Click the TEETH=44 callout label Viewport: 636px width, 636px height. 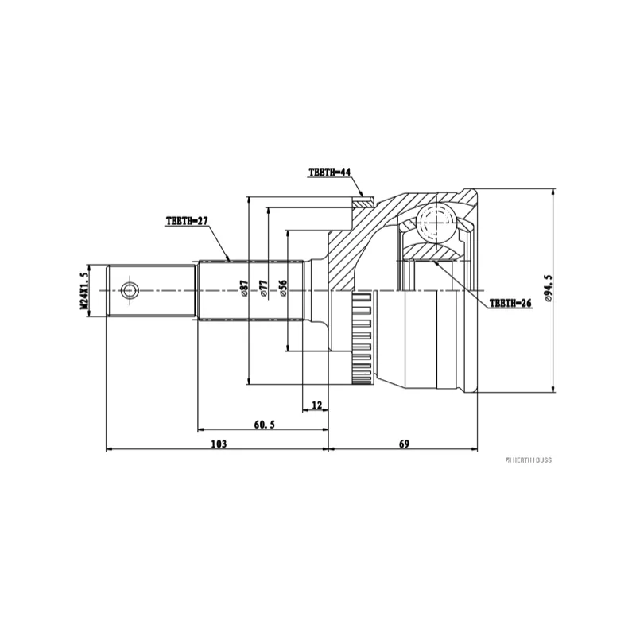coord(329,172)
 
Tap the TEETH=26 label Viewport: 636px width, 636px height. coord(510,303)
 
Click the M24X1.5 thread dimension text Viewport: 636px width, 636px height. coord(83,290)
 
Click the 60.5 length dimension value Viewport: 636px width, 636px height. coord(264,425)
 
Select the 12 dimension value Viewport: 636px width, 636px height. coord(316,405)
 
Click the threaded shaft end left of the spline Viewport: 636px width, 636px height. coord(151,289)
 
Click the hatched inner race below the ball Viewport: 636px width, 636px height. coord(434,253)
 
